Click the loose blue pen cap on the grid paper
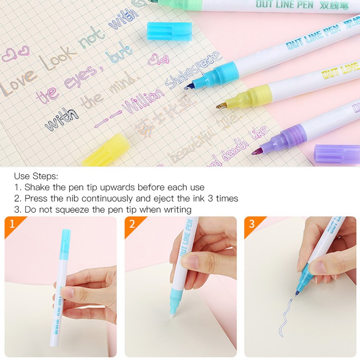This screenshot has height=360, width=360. tap(163, 31)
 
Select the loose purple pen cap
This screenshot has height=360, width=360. tap(337, 153)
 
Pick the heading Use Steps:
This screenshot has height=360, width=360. tap(36, 176)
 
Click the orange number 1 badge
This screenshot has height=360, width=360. tap(12, 224)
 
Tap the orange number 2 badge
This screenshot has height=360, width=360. tap(132, 224)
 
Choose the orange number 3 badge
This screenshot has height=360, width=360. tap(252, 224)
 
